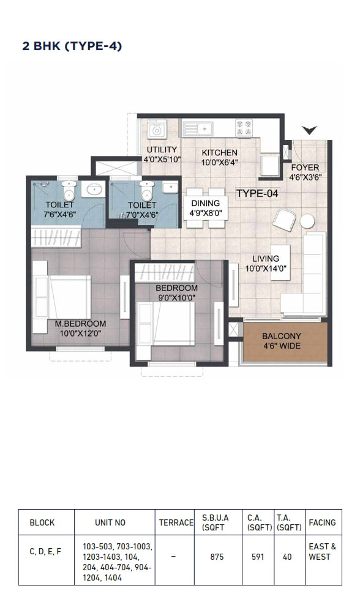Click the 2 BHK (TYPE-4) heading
pos(72,46)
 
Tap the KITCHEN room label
pos(219,152)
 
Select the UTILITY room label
pos(162,150)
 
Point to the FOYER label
pos(305,168)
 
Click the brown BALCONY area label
pos(282,336)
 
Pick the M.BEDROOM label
pos(80,324)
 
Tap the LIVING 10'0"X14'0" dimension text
pos(266,269)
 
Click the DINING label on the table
pos(206,204)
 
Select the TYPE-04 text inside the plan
pos(257,193)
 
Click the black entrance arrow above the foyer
pos(309,130)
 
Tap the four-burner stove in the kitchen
pos(244,128)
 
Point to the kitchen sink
pos(198,129)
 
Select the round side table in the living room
pos(307,221)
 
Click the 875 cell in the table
pos(217,557)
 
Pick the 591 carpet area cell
pos(258,557)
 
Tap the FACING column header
pos(323,522)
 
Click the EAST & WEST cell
pos(323,551)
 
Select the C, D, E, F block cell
pos(45,552)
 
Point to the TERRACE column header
pos(176,522)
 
